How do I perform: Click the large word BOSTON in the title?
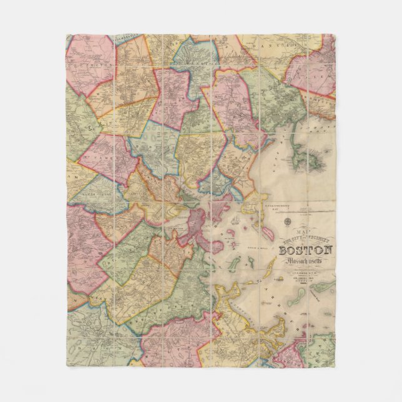pos(305,251)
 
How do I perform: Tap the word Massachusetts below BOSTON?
pos(305,262)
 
